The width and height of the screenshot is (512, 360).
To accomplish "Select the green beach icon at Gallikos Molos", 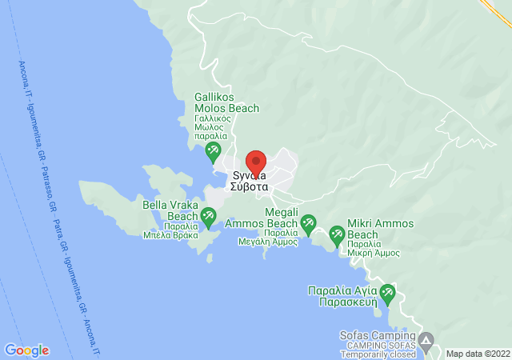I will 213,150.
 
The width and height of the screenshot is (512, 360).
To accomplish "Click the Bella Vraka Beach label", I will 170,210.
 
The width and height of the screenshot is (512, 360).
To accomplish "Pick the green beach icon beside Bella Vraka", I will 208,215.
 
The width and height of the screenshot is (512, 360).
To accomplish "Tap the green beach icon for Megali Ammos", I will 308,222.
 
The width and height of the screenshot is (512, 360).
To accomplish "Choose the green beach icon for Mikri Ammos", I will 337,234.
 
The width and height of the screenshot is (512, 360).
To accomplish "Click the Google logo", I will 26,350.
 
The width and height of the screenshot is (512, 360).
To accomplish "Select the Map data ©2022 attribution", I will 477,354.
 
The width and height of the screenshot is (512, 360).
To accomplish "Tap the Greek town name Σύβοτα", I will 250,187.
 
